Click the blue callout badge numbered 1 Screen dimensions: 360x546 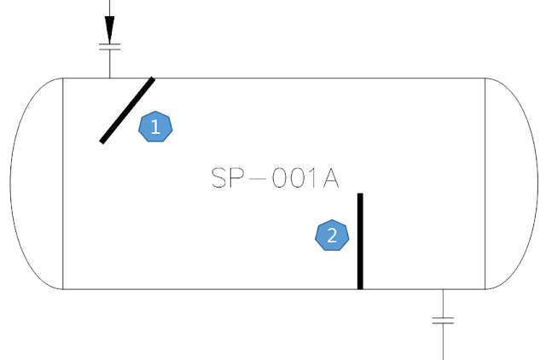[155, 126]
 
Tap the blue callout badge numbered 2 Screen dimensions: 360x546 [333, 235]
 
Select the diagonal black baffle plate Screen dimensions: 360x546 [127, 110]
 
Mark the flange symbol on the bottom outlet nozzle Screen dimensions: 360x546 [443, 321]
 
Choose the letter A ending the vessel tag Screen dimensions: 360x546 [330, 177]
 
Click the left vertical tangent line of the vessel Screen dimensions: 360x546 [64, 183]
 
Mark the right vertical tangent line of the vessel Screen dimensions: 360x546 [485, 183]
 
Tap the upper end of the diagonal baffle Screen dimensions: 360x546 [152, 80]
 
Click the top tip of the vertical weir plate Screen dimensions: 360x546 [360, 196]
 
